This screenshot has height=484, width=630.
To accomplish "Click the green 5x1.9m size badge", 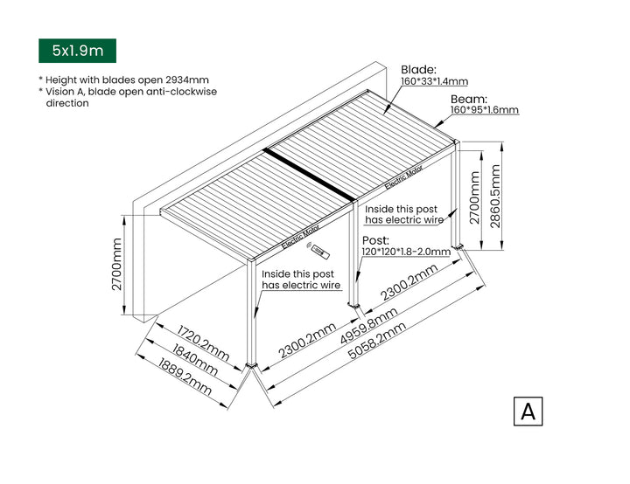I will [x=77, y=51].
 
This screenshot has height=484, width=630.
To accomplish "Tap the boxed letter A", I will [x=528, y=411].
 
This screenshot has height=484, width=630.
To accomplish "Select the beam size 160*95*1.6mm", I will [x=485, y=110].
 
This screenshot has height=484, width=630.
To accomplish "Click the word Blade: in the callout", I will [x=418, y=69].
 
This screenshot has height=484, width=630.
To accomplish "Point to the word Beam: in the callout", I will [x=469, y=99].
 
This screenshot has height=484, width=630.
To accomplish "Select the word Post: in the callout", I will [x=375, y=239].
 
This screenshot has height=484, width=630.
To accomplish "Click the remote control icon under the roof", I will [x=321, y=253].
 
